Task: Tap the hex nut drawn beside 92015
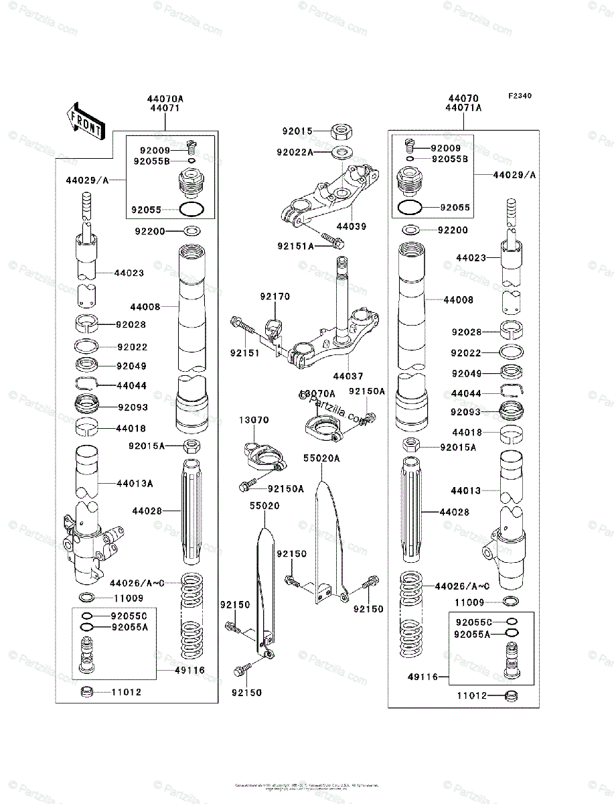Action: click(342, 131)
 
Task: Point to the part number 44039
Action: click(351, 226)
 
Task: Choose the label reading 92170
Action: click(275, 295)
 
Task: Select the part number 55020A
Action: click(321, 458)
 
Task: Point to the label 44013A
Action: click(135, 483)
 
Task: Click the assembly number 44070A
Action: click(166, 98)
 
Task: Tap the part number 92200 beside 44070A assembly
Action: click(150, 231)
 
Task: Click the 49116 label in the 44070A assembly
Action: click(191, 669)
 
